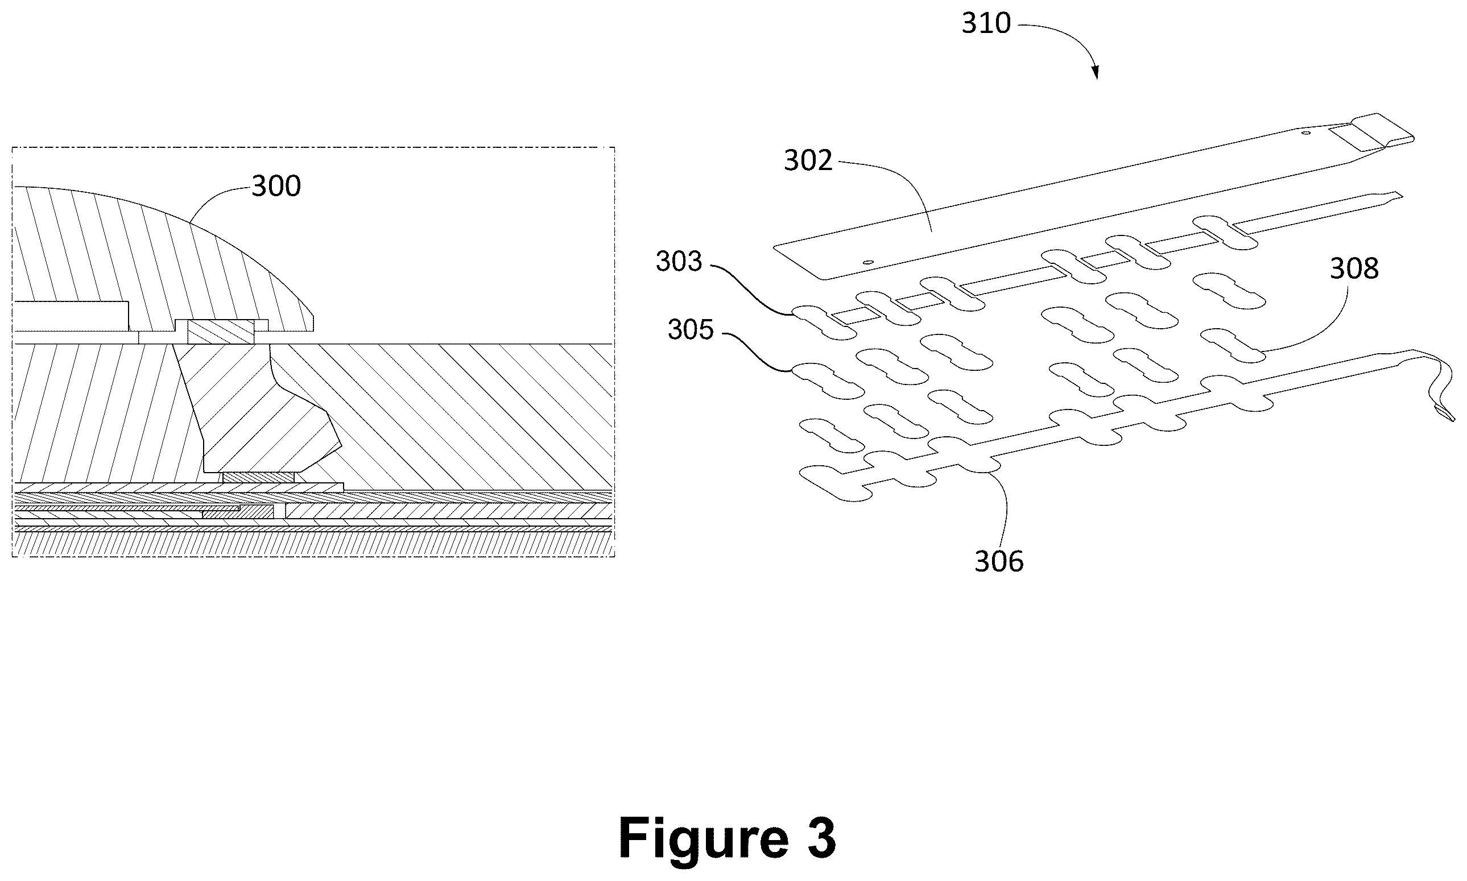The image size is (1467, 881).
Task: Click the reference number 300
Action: (276, 187)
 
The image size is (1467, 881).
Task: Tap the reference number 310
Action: (986, 24)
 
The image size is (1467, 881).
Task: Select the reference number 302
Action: (808, 161)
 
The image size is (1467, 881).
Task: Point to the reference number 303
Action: (679, 262)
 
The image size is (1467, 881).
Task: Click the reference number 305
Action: (691, 330)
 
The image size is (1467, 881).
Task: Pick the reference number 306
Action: (999, 561)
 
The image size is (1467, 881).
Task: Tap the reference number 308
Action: (1354, 269)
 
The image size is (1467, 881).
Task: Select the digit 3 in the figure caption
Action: (818, 838)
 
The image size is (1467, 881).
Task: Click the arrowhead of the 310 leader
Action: (1096, 73)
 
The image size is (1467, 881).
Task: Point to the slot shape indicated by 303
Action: (825, 323)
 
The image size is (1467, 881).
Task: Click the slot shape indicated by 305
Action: (828, 380)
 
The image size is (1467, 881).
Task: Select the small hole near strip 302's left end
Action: (868, 262)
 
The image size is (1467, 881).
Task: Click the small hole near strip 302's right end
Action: (1305, 134)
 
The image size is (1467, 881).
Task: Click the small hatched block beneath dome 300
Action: (221, 332)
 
